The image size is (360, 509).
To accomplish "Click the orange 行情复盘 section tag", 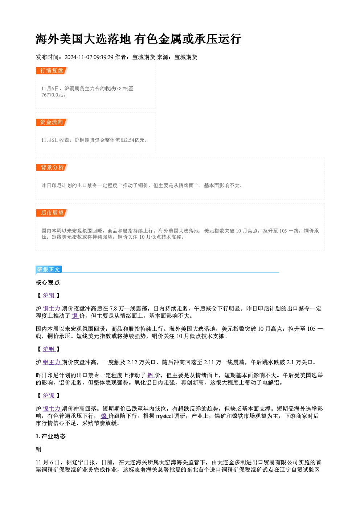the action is pyautogui.click(x=52, y=71).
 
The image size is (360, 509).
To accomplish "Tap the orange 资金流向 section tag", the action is pyautogui.click(x=52, y=122).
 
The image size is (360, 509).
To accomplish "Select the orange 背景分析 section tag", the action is pyautogui.click(x=52, y=168).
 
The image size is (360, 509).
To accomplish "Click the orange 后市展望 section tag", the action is pyautogui.click(x=52, y=213).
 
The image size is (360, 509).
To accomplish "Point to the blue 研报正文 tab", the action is pyautogui.click(x=49, y=270).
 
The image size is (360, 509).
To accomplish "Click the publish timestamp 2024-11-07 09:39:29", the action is pyautogui.click(x=89, y=57).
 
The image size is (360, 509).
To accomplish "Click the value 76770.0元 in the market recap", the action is pyautogui.click(x=52, y=95).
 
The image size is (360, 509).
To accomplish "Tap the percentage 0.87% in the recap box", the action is pyautogui.click(x=122, y=89).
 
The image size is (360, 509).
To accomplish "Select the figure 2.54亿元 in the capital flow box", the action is pyautogui.click(x=135, y=140).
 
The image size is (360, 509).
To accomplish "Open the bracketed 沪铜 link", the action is pyautogui.click(x=49, y=295).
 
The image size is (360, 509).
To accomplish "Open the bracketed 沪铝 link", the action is pyautogui.click(x=49, y=349).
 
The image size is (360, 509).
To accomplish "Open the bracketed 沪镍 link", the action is pyautogui.click(x=49, y=395).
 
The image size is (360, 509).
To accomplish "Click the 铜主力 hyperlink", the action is pyautogui.click(x=52, y=309).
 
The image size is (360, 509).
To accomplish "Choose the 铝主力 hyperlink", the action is pyautogui.click(x=52, y=362).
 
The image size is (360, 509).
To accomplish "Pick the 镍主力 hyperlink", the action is pyautogui.click(x=52, y=409).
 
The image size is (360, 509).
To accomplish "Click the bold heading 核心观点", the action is pyautogui.click(x=48, y=283).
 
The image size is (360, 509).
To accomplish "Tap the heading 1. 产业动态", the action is pyautogui.click(x=50, y=436).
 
